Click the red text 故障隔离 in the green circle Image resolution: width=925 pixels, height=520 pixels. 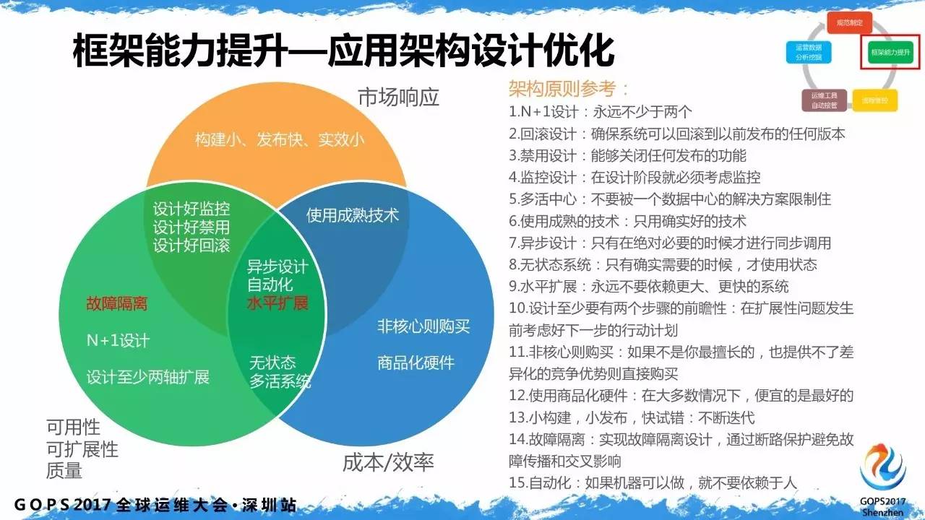click(116, 303)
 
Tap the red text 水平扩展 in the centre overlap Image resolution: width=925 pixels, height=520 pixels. click(277, 303)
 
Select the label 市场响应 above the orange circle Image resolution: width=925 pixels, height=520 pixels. click(398, 97)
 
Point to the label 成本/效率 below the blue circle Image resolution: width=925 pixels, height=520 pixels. click(388, 462)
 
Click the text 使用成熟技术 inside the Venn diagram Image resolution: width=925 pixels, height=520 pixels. click(352, 215)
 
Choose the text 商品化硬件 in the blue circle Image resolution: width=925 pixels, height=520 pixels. click(416, 362)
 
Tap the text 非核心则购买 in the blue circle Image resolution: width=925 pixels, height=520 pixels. click(423, 326)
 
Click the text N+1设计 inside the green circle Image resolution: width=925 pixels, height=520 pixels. click(118, 340)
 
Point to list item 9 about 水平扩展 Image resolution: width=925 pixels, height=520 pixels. click(648, 286)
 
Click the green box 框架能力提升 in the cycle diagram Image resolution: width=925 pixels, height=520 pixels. click(890, 53)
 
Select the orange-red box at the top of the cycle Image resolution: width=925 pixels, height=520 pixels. click(849, 22)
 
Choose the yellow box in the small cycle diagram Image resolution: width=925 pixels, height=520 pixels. click(874, 99)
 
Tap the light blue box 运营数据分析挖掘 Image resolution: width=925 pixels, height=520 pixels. click(808, 52)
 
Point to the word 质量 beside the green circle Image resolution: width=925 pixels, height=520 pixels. click(64, 471)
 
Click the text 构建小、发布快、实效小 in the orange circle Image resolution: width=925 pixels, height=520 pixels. click(279, 140)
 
